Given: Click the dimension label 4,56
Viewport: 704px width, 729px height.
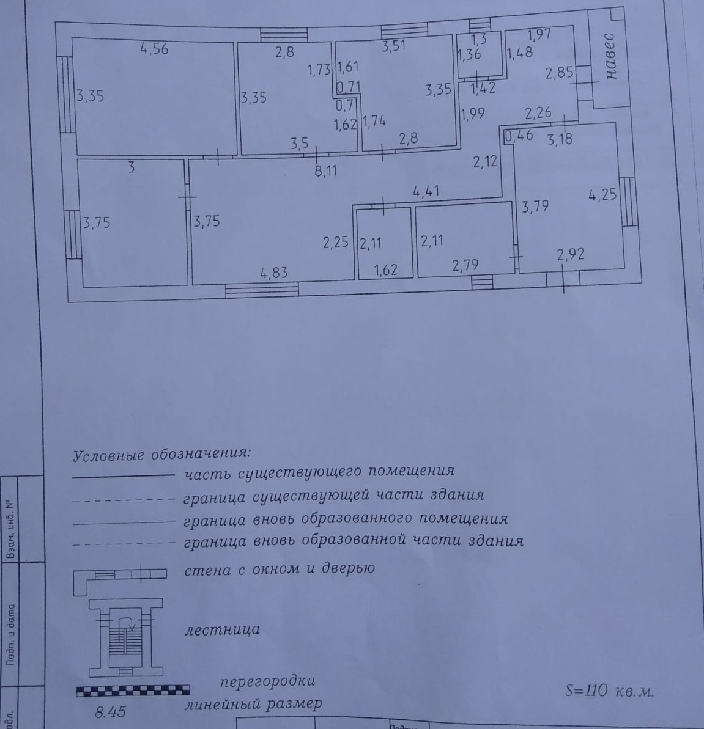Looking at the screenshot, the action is (x=154, y=49).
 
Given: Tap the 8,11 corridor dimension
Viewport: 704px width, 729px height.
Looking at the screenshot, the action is (x=325, y=171).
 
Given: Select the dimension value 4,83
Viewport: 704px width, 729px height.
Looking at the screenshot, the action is (x=273, y=273).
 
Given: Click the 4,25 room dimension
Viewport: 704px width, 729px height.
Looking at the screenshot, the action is (x=602, y=196).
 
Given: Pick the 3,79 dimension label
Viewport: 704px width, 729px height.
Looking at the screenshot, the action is (x=535, y=207).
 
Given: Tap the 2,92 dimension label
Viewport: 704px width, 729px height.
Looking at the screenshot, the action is (x=570, y=254).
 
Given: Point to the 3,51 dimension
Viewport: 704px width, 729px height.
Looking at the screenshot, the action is (x=394, y=46).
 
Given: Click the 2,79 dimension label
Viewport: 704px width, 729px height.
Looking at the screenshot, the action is (x=465, y=265).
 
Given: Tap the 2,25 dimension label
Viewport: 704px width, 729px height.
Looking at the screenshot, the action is (x=336, y=243).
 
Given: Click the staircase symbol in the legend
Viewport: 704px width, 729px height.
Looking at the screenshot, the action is (x=126, y=637).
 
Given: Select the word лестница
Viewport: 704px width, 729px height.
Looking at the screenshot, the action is (x=222, y=629).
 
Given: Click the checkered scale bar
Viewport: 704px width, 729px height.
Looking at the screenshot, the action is (x=133, y=691).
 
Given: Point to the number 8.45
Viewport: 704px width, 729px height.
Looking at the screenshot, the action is (x=110, y=712).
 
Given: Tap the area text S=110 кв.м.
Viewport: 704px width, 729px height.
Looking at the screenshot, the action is (x=609, y=691).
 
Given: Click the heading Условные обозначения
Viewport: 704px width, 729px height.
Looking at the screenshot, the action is (x=161, y=455).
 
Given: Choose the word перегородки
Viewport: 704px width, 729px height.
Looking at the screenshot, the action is (x=267, y=681).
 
